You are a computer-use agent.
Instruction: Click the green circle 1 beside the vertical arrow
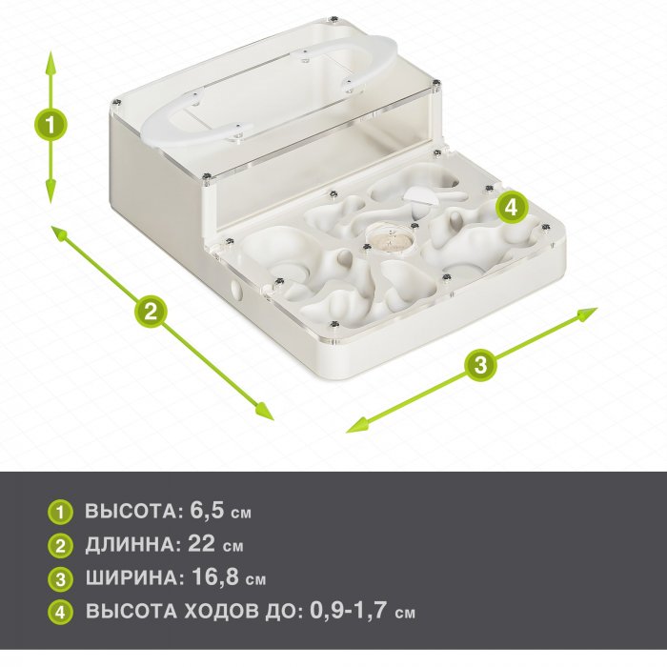tap(51, 126)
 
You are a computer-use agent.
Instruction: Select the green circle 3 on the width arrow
tap(480, 365)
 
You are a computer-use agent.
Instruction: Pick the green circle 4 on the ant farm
tap(511, 208)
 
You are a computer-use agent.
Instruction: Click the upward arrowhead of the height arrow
tap(51, 62)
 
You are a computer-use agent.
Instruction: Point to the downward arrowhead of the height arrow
tap(51, 192)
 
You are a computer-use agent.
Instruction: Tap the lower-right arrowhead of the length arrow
tap(264, 411)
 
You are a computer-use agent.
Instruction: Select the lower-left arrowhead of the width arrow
tap(357, 425)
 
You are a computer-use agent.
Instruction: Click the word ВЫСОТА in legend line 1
tap(131, 512)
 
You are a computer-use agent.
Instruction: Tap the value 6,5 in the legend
tap(207, 510)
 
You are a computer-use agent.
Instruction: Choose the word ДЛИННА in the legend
tap(130, 545)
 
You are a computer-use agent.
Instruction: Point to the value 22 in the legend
tap(202, 543)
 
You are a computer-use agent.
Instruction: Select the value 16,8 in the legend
tap(215, 576)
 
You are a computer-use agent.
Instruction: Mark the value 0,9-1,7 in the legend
tap(349, 611)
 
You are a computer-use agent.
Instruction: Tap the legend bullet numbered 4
tap(60, 612)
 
